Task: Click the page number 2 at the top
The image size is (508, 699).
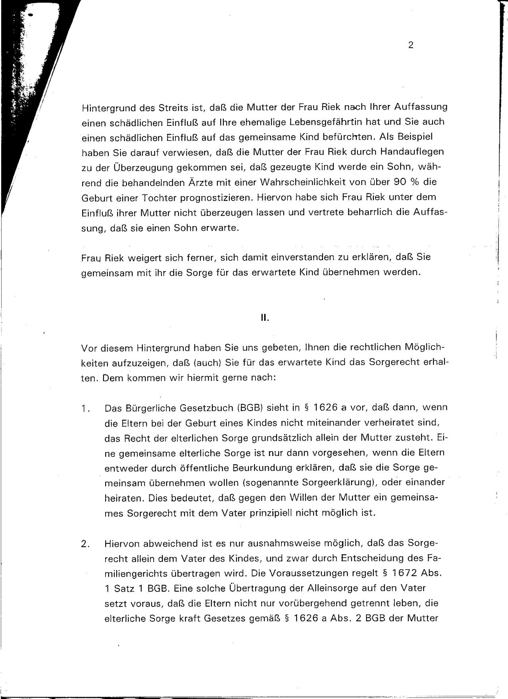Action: tap(411, 46)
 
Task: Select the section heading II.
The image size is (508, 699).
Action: tap(265, 318)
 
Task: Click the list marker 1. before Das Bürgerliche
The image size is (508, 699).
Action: tap(85, 408)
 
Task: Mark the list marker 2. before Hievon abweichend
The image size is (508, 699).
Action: tap(85, 544)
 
